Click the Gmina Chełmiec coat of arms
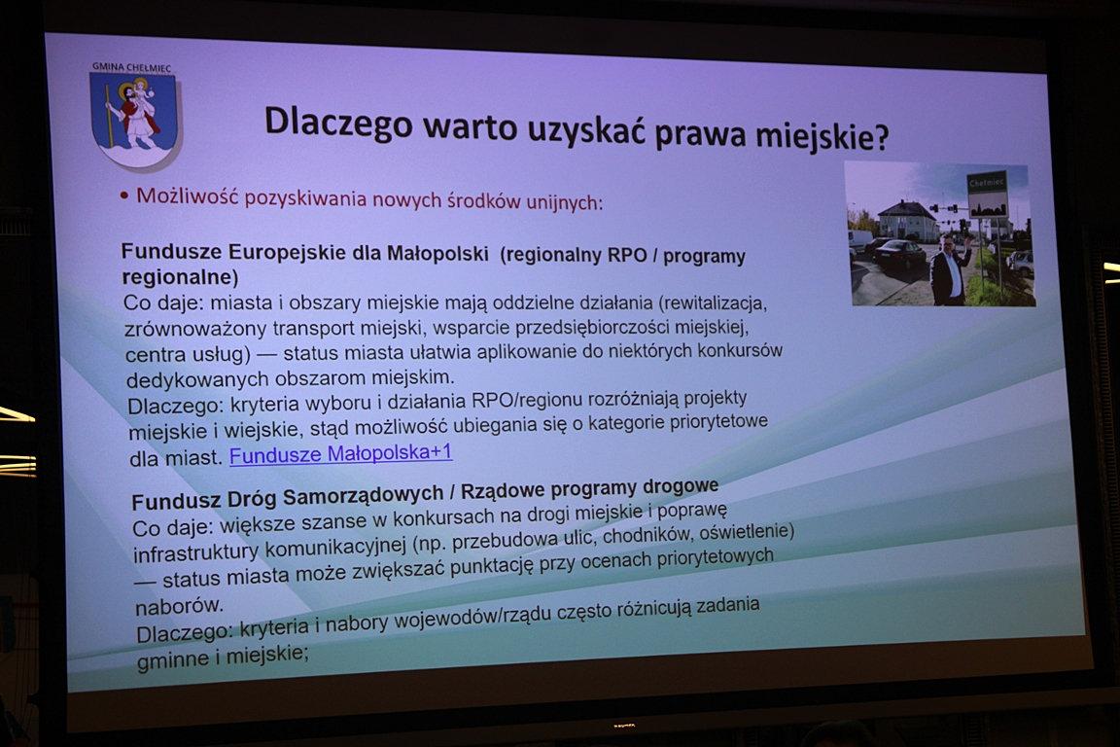133,119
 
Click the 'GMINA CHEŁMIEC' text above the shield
131,67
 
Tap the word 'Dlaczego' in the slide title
338,122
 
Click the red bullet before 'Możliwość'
124,196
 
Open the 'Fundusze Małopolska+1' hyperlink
340,454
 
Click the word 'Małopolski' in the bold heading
437,253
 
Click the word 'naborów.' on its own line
179,605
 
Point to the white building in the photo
904,222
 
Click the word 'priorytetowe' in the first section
718,422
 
